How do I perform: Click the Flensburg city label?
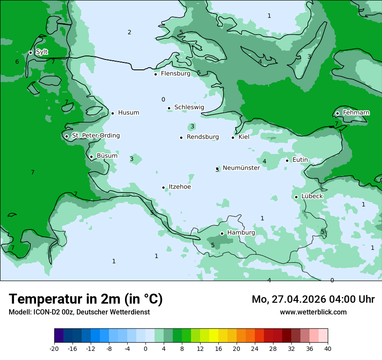click(x=175, y=74)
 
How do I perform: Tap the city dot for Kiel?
click(x=233, y=137)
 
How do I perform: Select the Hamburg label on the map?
click(x=241, y=233)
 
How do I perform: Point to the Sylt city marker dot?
click(x=30, y=52)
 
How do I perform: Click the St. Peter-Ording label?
click(x=95, y=136)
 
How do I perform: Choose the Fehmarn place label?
click(x=356, y=113)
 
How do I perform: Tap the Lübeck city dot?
click(x=296, y=197)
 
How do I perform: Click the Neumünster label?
click(x=241, y=168)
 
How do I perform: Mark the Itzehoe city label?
click(x=180, y=187)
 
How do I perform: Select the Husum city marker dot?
click(x=112, y=113)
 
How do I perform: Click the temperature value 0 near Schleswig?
click(x=163, y=100)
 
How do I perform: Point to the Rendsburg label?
click(x=202, y=137)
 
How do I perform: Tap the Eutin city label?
click(x=300, y=160)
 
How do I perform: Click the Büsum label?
click(x=107, y=156)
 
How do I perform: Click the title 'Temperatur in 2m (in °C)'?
click(x=86, y=299)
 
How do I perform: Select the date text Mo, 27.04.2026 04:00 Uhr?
click(x=313, y=299)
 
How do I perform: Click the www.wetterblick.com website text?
click(x=313, y=312)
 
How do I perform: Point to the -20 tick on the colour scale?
click(x=54, y=348)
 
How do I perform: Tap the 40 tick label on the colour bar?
click(x=327, y=348)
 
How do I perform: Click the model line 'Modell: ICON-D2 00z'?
click(x=79, y=312)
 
